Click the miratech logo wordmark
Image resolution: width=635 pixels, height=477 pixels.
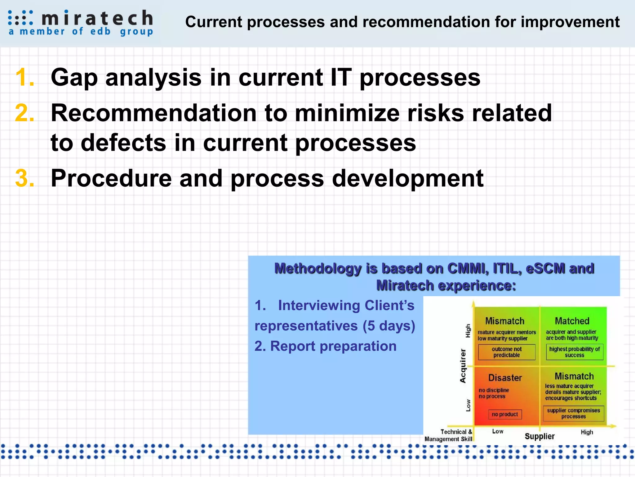coord(97,18)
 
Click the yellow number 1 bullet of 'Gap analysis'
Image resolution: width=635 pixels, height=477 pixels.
coord(24,77)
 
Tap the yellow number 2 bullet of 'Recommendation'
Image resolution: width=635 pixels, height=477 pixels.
coord(24,113)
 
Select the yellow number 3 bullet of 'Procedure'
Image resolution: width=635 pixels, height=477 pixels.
coord(24,179)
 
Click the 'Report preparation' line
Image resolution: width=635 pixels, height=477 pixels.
coord(326,346)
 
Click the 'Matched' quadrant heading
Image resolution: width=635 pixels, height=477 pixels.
coord(572,321)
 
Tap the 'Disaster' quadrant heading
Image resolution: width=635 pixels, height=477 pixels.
coord(505,378)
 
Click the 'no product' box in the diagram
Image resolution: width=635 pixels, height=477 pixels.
coord(505,414)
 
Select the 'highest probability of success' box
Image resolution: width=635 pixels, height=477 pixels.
coord(574,352)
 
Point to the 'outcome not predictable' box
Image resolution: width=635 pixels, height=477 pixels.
coord(506,352)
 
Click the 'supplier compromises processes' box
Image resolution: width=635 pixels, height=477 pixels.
coord(573,413)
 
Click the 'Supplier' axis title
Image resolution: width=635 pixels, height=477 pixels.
coord(540,436)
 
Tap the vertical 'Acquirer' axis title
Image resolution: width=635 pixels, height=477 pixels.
coord(463,366)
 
